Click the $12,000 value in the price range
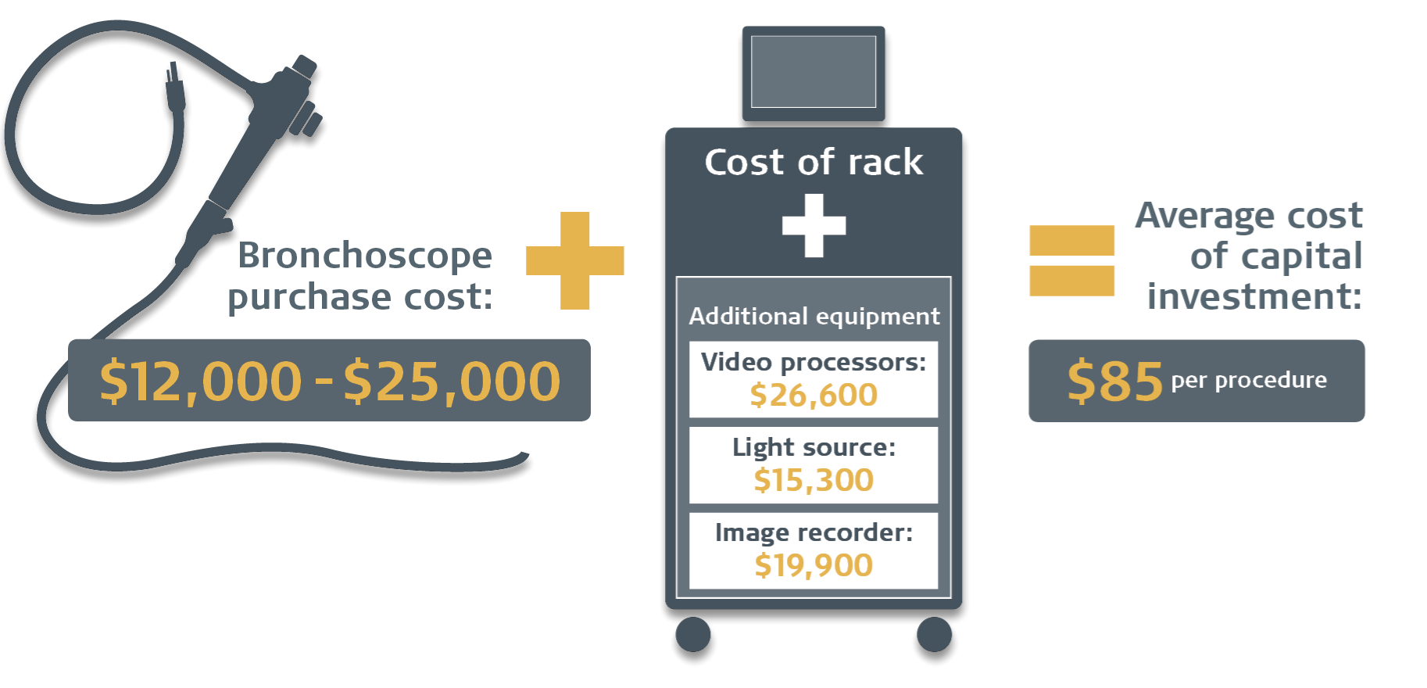click(x=200, y=382)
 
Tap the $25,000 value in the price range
click(x=452, y=382)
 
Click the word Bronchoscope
click(x=365, y=256)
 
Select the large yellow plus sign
click(x=575, y=260)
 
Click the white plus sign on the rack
click(x=814, y=226)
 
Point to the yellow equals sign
click(x=1071, y=260)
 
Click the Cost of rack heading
click(x=814, y=163)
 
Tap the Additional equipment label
click(x=814, y=316)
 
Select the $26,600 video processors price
click(x=814, y=396)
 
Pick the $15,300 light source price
click(x=814, y=480)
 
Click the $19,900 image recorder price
click(x=814, y=565)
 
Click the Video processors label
click(x=814, y=362)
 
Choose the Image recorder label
click(x=814, y=532)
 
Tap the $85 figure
click(x=1115, y=382)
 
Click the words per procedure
click(x=1249, y=380)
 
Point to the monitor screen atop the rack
click(x=814, y=72)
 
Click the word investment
click(x=1254, y=297)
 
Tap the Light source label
click(x=814, y=447)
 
